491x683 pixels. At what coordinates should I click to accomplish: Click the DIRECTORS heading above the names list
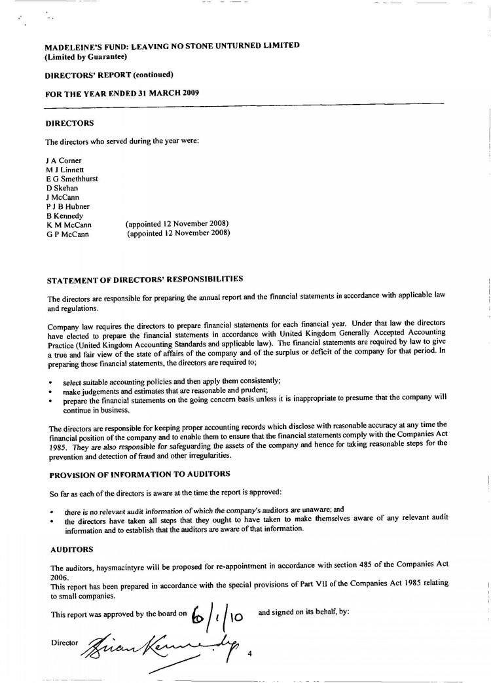click(69, 123)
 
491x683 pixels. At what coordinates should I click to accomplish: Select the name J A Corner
click(64, 160)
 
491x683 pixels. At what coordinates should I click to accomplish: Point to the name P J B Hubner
click(67, 207)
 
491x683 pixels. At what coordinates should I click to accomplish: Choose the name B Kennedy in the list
click(65, 216)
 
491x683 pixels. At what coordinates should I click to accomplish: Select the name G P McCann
click(68, 234)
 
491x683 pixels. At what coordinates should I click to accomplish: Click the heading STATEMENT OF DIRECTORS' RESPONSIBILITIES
click(145, 281)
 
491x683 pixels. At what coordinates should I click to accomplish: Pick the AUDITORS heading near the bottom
click(71, 549)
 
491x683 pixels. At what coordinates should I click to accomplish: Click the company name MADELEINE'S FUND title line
click(172, 46)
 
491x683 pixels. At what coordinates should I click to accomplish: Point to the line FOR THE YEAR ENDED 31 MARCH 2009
click(122, 93)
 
